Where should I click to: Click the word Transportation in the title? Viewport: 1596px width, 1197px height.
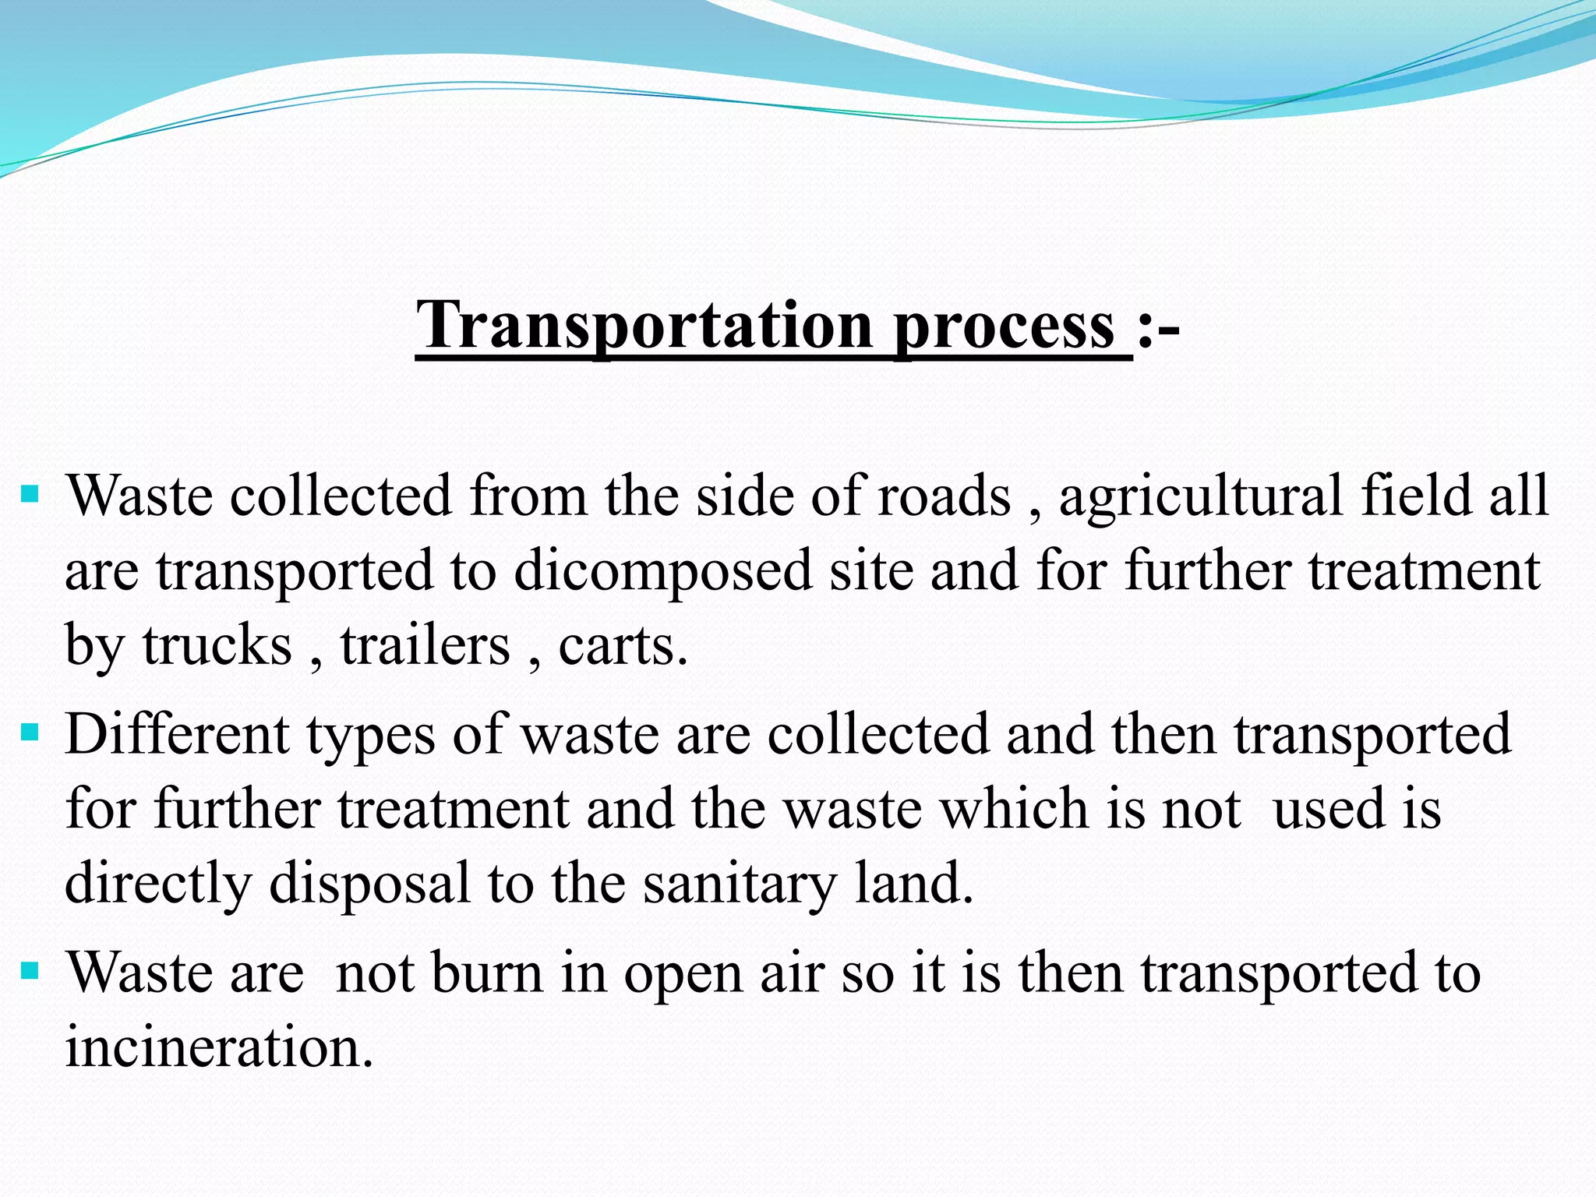click(x=644, y=325)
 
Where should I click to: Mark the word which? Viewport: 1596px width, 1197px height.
click(x=1012, y=809)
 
